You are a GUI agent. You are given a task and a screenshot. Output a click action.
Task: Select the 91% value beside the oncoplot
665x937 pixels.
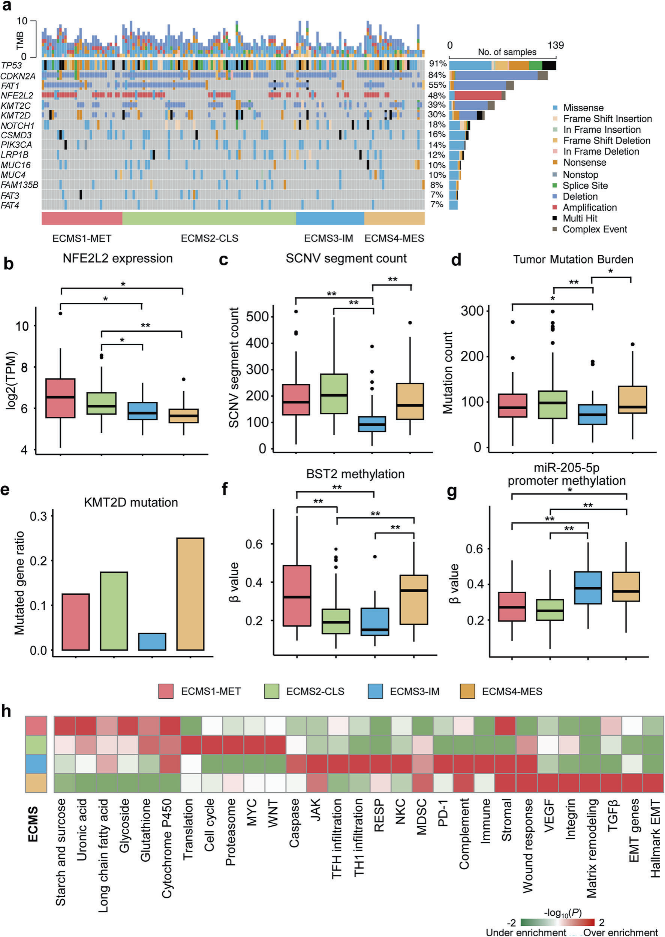(437, 64)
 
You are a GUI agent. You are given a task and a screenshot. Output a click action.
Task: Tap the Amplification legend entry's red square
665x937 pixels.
(555, 208)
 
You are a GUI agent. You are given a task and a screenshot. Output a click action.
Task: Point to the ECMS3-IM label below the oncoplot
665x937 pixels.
(328, 238)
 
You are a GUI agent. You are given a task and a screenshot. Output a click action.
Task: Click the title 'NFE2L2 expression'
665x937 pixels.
(118, 258)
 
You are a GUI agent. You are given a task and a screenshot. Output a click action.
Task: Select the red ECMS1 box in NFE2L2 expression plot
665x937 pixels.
(60, 398)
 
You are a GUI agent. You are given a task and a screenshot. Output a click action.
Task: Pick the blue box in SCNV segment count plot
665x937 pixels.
(372, 424)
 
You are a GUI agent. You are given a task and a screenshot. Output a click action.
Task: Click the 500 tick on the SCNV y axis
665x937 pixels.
(257, 316)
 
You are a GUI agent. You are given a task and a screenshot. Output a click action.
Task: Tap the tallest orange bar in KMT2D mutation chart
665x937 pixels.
(190, 594)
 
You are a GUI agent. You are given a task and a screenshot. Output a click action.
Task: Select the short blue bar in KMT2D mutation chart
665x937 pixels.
(152, 641)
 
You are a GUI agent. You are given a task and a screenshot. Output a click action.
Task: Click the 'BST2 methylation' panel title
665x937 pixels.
(355, 474)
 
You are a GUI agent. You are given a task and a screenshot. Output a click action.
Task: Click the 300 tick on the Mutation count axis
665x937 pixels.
(472, 311)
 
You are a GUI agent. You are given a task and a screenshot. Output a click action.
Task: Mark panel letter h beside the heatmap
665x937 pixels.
(6, 711)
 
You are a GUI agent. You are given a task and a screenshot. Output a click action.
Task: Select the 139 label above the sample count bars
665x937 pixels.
(556, 45)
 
